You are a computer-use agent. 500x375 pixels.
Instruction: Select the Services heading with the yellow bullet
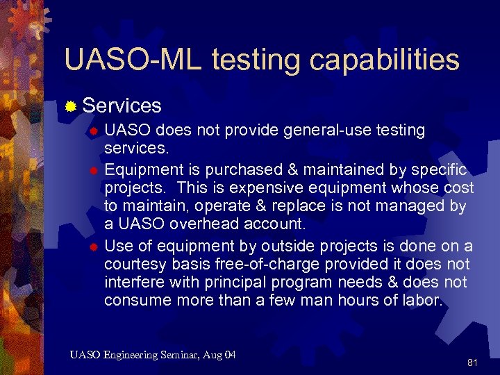pos(122,106)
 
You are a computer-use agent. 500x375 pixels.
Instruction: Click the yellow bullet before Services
pos(70,106)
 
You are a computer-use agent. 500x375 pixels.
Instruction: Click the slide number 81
pos(473,362)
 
